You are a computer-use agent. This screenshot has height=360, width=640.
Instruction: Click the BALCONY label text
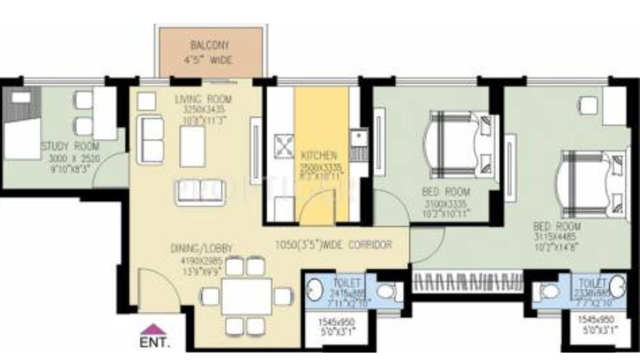point(210,45)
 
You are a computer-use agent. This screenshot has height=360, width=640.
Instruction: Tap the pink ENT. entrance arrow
point(153,329)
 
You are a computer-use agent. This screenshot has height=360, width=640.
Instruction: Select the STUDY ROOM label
point(70,146)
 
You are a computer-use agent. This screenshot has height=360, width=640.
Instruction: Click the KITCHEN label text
point(318,155)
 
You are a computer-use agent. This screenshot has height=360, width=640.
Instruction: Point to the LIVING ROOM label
point(203,99)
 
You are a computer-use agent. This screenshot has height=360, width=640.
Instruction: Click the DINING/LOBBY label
point(201,248)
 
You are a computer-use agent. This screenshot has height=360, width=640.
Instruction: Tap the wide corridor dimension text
point(333,245)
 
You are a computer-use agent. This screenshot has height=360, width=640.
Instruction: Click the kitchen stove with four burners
point(283,147)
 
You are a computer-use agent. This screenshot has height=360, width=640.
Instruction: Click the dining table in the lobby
point(246,296)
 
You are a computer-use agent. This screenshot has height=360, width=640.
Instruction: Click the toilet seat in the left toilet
point(386,291)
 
